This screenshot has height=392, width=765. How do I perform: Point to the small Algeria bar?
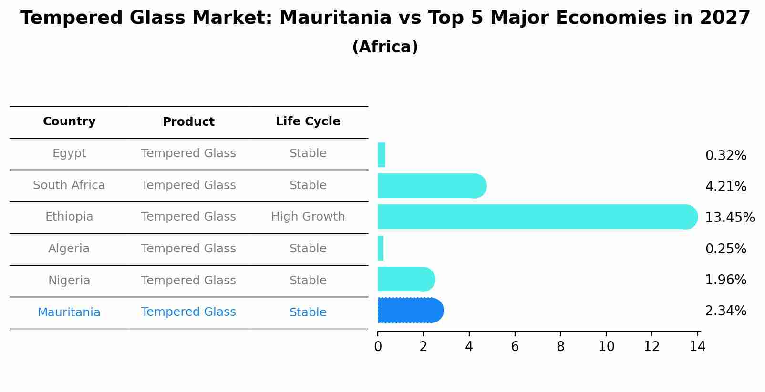[381, 248]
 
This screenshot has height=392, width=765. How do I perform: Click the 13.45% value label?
[729, 218]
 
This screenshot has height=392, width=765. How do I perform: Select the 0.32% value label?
[725, 156]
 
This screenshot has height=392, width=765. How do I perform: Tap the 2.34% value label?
[725, 311]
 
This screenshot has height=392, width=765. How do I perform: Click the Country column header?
[69, 121]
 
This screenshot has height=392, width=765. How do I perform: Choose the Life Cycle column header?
[308, 121]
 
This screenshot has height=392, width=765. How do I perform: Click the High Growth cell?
[308, 217]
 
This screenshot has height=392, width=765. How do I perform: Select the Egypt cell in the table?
[69, 153]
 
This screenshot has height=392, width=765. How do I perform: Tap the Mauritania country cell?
[69, 312]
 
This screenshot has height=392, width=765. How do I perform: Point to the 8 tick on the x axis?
[560, 347]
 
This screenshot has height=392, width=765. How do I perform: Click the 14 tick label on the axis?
[697, 347]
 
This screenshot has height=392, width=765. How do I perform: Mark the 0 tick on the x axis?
[378, 347]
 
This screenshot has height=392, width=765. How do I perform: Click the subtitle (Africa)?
[385, 47]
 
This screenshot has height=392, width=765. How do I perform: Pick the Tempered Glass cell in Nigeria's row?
[188, 281]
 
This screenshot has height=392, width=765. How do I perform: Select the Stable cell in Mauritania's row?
[308, 312]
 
